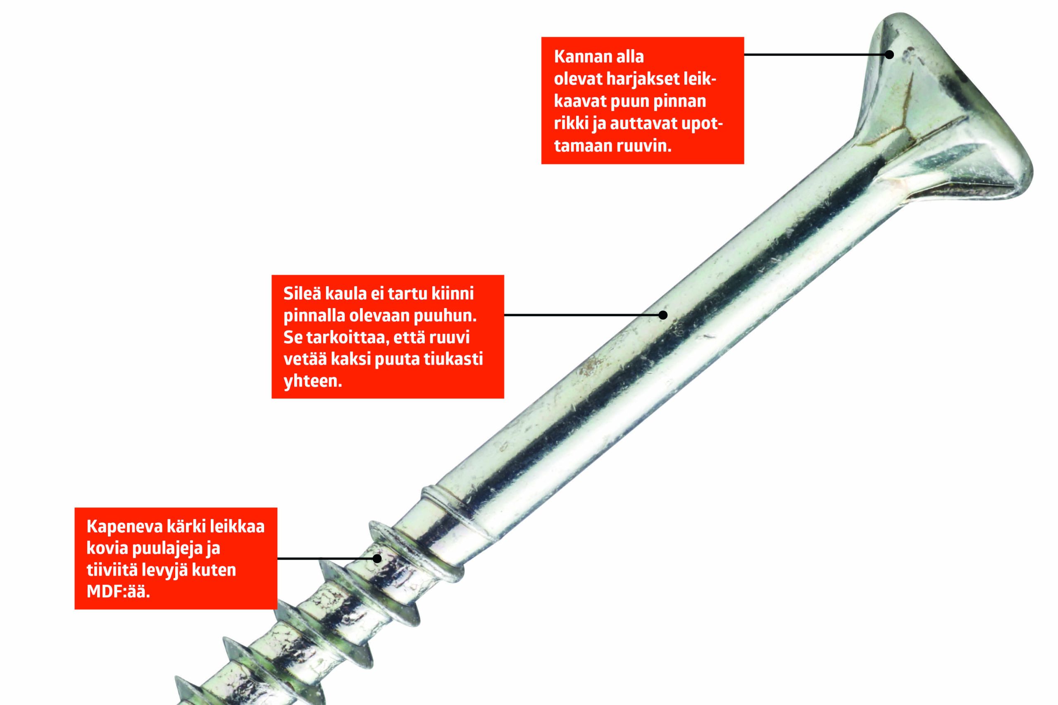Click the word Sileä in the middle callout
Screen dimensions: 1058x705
(x=302, y=293)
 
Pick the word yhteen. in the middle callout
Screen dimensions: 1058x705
(x=312, y=381)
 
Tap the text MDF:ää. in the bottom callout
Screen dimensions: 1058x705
(x=118, y=592)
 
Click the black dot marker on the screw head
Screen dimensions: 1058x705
(x=889, y=55)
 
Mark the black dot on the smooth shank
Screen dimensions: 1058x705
(x=662, y=315)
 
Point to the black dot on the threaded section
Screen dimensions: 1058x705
(x=377, y=558)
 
